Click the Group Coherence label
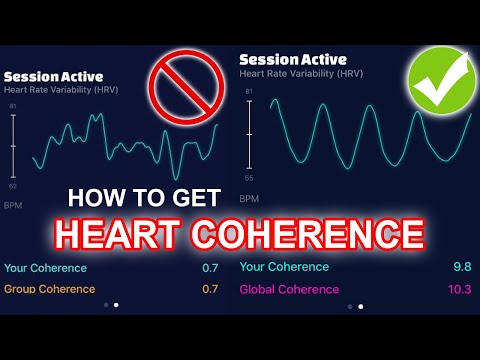[x=50, y=289]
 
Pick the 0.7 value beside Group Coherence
[x=209, y=289]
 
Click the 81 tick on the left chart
[x=12, y=105]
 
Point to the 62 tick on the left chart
[x=12, y=186]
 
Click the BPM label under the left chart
[x=13, y=206]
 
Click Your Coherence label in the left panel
[x=46, y=268]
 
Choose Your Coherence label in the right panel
[x=284, y=267]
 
